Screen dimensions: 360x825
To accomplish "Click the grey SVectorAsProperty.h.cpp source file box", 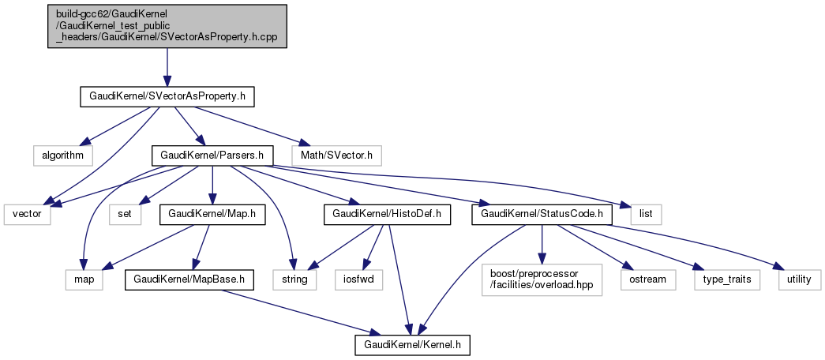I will click(x=167, y=26).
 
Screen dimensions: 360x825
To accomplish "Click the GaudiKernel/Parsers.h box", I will click(x=212, y=155).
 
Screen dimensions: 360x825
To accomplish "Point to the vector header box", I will click(x=27, y=214).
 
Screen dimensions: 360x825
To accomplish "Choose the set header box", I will click(x=126, y=214).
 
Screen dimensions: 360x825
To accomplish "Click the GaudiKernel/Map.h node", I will click(x=211, y=214).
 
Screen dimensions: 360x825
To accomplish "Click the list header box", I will click(x=646, y=214).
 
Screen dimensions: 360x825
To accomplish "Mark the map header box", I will click(x=84, y=279).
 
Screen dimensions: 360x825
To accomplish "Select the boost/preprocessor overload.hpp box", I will click(x=540, y=279).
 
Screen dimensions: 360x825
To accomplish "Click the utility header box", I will click(x=799, y=279).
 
